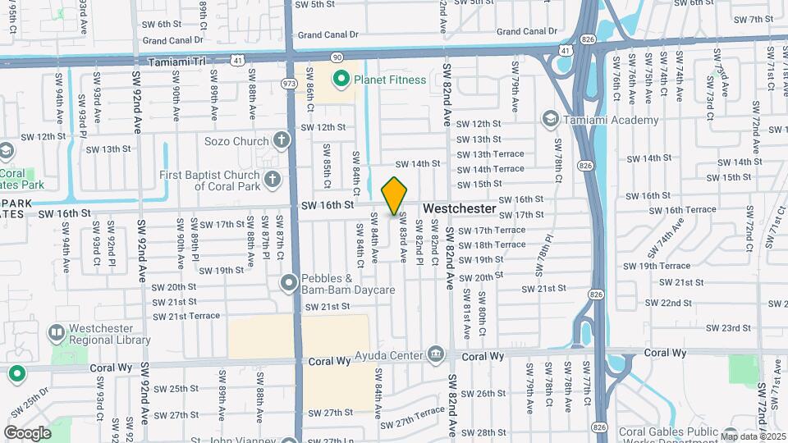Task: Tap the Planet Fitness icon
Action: [341, 80]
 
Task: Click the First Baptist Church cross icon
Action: [273, 176]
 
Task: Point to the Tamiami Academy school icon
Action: [550, 120]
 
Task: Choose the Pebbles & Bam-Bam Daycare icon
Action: [289, 284]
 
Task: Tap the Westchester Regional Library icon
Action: [57, 333]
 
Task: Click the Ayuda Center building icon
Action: [436, 355]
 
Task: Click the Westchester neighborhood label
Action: [460, 209]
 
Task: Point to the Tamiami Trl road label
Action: [175, 62]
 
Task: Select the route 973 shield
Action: [288, 83]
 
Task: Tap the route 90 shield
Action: [337, 57]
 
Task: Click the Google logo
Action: [27, 432]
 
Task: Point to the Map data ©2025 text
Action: [753, 436]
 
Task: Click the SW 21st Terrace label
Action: [187, 316]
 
